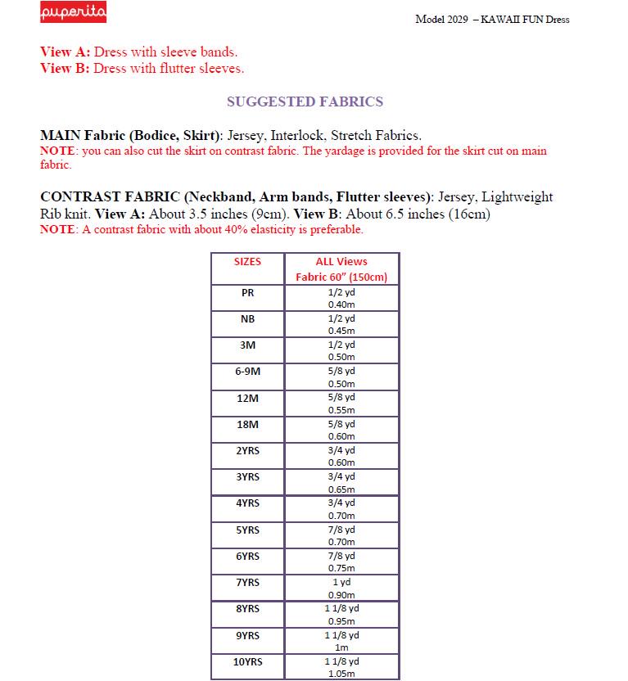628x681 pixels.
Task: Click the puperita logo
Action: (74, 14)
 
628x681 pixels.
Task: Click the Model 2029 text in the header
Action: (442, 20)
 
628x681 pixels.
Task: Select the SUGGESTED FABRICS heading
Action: (305, 102)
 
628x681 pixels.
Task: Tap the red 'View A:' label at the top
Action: (66, 52)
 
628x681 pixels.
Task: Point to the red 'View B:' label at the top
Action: (66, 69)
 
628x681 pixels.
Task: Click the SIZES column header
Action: (247, 262)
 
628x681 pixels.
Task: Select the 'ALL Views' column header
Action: (341, 262)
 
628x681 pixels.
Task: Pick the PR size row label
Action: (247, 292)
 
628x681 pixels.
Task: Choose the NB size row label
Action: (247, 318)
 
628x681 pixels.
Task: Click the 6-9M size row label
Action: (247, 371)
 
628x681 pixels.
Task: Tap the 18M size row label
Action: (247, 424)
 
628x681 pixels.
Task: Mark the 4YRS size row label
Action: (247, 503)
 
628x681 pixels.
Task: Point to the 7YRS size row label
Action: (247, 582)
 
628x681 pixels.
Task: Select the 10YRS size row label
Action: (247, 661)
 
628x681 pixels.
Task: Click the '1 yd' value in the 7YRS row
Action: (341, 582)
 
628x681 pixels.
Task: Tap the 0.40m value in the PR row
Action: (341, 304)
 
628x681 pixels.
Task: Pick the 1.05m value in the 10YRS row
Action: (341, 674)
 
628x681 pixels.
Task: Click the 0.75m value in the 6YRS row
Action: (341, 568)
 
